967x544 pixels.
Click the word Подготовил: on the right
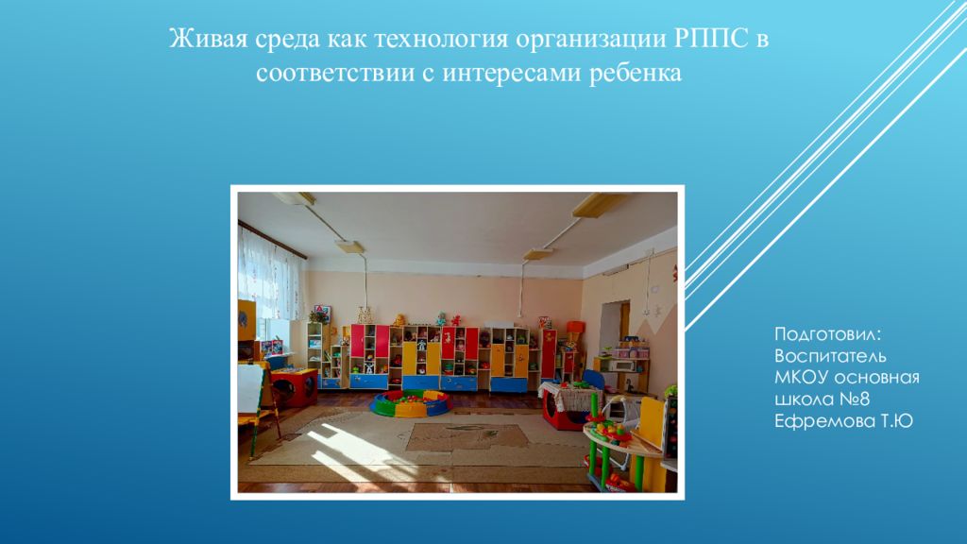pos(828,335)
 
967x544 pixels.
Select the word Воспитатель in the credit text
pos(830,357)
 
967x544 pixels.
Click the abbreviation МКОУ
pos(803,378)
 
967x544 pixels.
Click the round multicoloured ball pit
pos(411,403)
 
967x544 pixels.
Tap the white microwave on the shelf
pos(623,365)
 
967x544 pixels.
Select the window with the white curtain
pos(271,283)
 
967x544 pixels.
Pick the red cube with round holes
pos(295,386)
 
